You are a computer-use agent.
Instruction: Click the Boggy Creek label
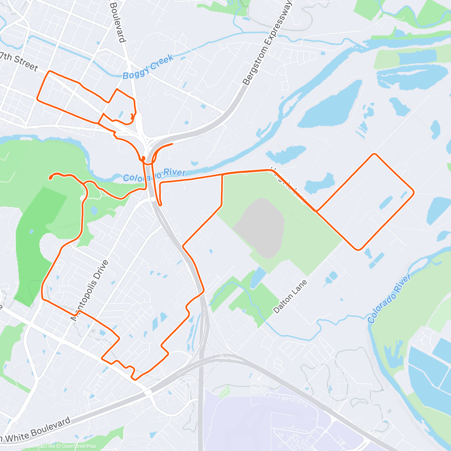tap(148, 67)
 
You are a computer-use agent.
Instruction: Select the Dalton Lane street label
tap(291, 297)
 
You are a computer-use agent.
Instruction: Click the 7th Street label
tap(19, 61)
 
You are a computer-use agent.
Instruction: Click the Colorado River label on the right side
tap(389, 299)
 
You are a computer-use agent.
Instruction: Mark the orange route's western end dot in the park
tap(50, 177)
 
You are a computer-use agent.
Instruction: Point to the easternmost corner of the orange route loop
tap(413, 192)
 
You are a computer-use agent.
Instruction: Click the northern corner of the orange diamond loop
tap(374, 154)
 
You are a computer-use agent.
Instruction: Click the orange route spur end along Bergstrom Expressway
tap(172, 144)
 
